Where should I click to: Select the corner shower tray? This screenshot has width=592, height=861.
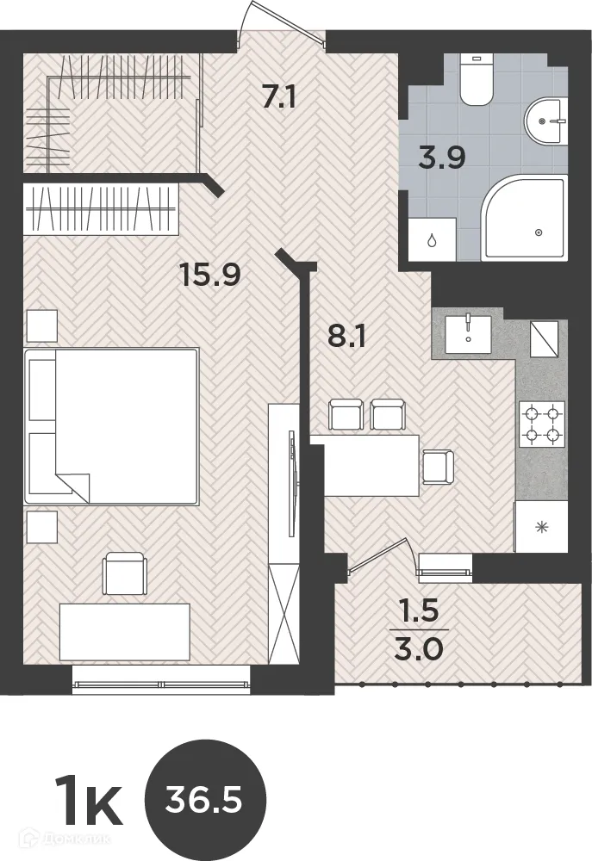(523, 219)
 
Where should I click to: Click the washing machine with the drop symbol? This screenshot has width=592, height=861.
(432, 239)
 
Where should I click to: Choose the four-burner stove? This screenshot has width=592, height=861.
(542, 424)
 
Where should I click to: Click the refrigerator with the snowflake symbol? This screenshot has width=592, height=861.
(541, 527)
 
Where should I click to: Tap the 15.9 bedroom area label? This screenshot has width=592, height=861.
(210, 274)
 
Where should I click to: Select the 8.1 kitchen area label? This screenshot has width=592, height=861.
(346, 336)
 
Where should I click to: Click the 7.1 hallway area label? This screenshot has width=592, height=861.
(278, 98)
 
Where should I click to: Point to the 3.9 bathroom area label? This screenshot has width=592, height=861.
(441, 158)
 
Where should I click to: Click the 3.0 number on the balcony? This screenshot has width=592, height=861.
(419, 651)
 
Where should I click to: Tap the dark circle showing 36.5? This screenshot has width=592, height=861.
(204, 801)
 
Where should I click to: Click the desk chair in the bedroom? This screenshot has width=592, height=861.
(126, 573)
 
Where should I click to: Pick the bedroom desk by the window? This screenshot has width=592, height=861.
(125, 631)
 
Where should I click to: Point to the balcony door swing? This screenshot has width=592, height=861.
(383, 555)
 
